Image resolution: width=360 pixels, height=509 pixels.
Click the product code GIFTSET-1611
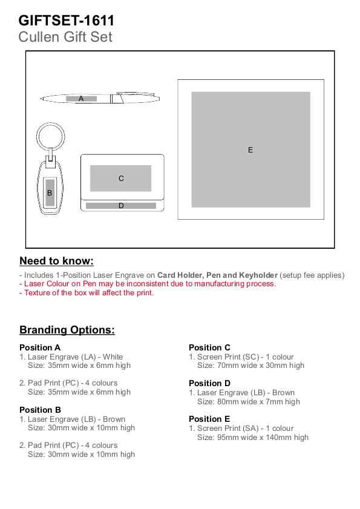(66, 21)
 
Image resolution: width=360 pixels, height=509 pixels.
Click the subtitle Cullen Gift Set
(65, 37)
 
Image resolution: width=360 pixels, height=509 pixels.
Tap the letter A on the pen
(81, 99)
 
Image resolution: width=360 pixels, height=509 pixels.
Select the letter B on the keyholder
(50, 193)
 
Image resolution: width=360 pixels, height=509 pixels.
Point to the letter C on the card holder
(121, 178)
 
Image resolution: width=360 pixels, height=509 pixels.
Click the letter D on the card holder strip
(121, 206)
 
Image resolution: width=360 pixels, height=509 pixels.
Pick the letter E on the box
(250, 150)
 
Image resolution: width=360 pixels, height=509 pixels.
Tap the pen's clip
(136, 94)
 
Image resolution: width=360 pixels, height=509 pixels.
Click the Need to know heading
(56, 261)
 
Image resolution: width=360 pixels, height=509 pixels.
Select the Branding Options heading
(67, 330)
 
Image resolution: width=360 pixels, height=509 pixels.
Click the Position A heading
(40, 347)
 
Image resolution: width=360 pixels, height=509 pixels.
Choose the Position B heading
(41, 410)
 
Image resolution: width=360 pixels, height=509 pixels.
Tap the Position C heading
(209, 347)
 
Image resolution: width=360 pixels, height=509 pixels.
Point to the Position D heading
(209, 383)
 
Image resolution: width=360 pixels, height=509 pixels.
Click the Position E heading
(209, 419)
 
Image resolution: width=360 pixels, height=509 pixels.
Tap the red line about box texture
(87, 293)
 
